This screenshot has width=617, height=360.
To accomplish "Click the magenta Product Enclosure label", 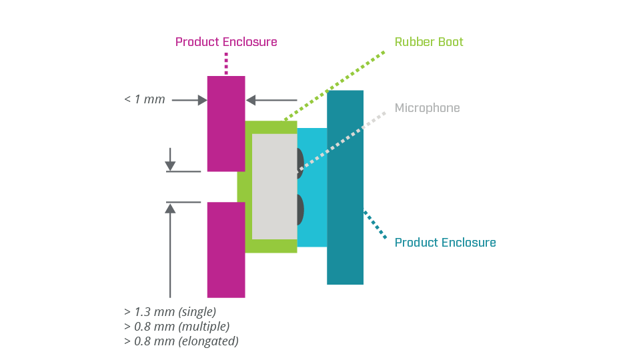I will pos(226,42).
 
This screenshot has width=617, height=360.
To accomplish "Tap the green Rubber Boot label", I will pos(429,42).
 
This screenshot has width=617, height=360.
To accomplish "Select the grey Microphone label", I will pos(427,108).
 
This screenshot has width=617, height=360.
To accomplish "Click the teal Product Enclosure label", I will pos(445,242).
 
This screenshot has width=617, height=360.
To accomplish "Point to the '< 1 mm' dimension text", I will pos(144,100).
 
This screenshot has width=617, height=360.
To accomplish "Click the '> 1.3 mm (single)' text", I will pos(169,311).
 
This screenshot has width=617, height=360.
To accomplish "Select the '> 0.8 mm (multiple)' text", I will pos(176,326).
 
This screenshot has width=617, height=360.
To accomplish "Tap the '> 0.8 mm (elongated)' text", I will pos(181,341).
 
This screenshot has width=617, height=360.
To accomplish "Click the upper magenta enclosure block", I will pos(226,123).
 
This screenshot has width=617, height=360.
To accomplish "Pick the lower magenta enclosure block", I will pos(226,250).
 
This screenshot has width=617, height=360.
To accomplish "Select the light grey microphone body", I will pos(273,186).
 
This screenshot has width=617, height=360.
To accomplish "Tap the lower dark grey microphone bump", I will pos(300,210).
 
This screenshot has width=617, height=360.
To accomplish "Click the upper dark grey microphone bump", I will pos(299,163).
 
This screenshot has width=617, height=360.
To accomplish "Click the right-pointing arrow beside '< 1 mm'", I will pos(190,100).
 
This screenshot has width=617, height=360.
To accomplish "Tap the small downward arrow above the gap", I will pos(170,160).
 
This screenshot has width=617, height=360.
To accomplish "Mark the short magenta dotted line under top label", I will pos(226,63).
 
